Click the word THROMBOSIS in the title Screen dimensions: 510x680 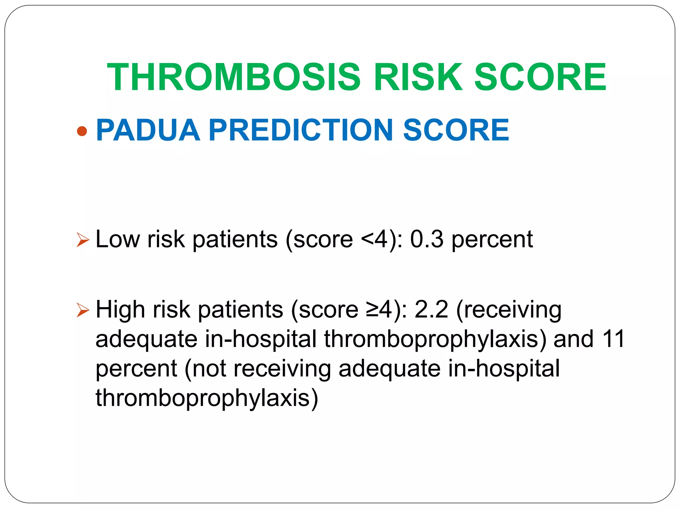pos(234,77)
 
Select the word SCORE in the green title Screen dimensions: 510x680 pos(541,77)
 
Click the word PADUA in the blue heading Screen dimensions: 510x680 pos(148,130)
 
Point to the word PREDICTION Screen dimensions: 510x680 pos(301,130)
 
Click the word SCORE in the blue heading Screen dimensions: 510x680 pos(456,130)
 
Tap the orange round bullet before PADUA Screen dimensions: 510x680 pos(82,131)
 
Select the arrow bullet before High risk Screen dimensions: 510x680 pos(83,310)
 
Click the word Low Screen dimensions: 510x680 pos(118,239)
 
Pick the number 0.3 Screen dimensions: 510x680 pos(427,239)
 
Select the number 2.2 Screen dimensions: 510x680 pos(431,309)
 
